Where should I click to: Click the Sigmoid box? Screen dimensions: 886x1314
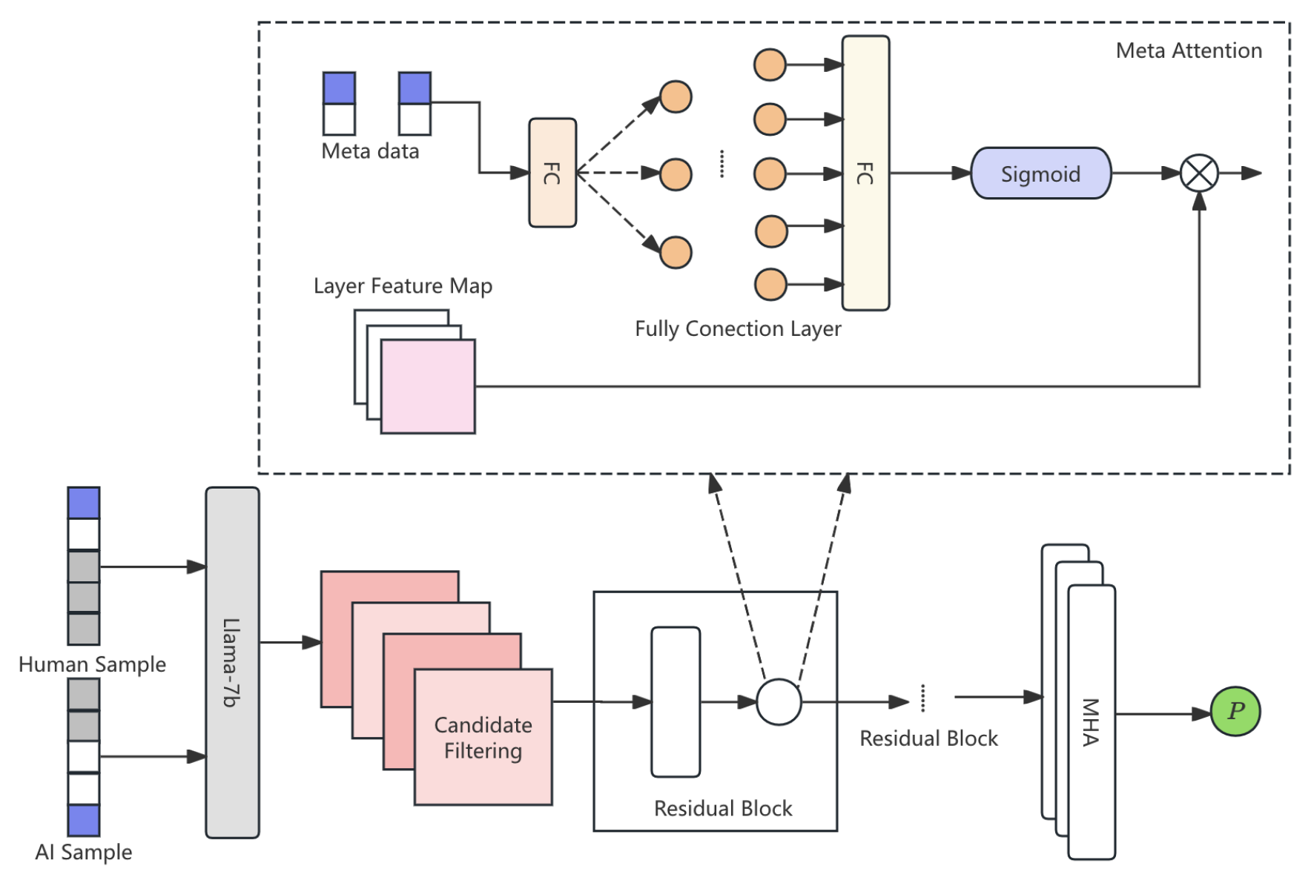pyautogui.click(x=1040, y=173)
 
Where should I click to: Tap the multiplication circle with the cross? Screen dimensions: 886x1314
pyautogui.click(x=1198, y=173)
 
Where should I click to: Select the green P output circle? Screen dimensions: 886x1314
pyautogui.click(x=1235, y=711)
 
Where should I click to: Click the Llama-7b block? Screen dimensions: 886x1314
pyautogui.click(x=232, y=662)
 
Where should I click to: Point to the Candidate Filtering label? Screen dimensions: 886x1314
pyautogui.click(x=483, y=738)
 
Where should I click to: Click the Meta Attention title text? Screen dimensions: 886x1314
pyautogui.click(x=1188, y=50)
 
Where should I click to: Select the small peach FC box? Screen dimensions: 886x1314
pyautogui.click(x=552, y=173)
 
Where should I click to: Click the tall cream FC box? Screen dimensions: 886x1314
pyautogui.click(x=865, y=173)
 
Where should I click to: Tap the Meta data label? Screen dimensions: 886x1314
pyautogui.click(x=370, y=151)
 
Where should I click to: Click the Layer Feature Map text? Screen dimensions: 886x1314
pyautogui.click(x=403, y=285)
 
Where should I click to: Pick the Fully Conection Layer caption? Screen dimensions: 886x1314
pyautogui.click(x=737, y=328)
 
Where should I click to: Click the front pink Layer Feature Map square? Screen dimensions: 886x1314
pyautogui.click(x=428, y=386)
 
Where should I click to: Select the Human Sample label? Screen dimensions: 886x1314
pyautogui.click(x=92, y=664)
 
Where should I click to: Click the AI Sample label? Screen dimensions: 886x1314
pyautogui.click(x=83, y=852)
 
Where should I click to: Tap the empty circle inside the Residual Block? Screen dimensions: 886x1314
pyautogui.click(x=778, y=701)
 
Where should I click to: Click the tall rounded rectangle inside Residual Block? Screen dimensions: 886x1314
pyautogui.click(x=675, y=701)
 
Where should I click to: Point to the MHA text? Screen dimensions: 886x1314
pyautogui.click(x=1089, y=721)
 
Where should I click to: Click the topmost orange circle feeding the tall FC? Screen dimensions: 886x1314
pyautogui.click(x=769, y=65)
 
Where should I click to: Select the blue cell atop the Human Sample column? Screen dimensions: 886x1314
pyautogui.click(x=83, y=503)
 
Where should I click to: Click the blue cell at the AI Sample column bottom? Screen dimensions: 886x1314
pyautogui.click(x=83, y=820)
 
